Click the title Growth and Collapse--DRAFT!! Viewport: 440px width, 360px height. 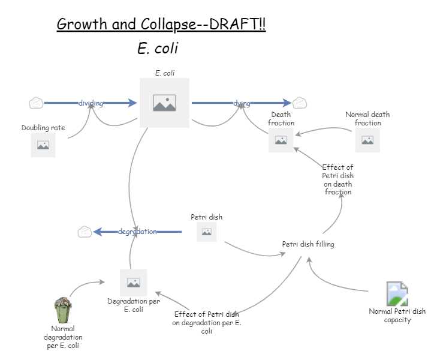[x=161, y=25]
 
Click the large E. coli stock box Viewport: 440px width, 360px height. [x=164, y=103]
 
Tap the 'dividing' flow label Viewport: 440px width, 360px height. [x=91, y=103]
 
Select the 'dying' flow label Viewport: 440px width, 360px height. [x=242, y=103]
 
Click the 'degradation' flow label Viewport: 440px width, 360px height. [x=137, y=232]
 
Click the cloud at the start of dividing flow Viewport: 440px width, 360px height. [x=36, y=103]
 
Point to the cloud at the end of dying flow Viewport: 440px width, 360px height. [x=300, y=103]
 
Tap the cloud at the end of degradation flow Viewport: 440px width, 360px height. [x=85, y=232]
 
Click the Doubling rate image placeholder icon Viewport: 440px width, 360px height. [x=43, y=145]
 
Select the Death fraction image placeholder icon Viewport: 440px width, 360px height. [x=281, y=140]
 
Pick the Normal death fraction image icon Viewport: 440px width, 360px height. [x=367, y=140]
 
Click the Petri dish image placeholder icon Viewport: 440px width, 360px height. [x=206, y=232]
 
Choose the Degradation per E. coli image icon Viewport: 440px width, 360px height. [x=133, y=282]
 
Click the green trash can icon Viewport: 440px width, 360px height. [x=62, y=310]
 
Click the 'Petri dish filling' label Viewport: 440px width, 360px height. [x=308, y=244]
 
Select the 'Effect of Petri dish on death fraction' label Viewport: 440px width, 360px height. [x=337, y=180]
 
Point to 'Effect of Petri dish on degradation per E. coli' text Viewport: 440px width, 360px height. [x=206, y=322]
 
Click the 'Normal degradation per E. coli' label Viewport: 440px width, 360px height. [x=64, y=337]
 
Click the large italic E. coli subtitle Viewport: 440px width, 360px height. [x=158, y=49]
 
